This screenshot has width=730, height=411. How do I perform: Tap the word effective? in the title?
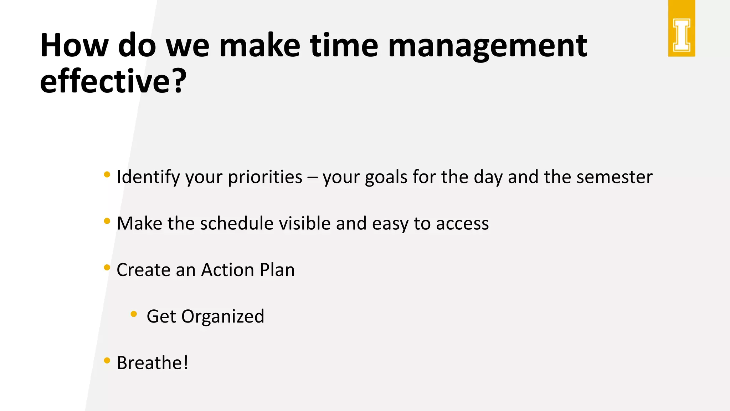[x=113, y=81]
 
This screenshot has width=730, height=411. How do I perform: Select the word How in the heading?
[x=74, y=46]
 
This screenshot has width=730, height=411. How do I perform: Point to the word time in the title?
[x=344, y=46]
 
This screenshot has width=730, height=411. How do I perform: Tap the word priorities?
[x=265, y=177]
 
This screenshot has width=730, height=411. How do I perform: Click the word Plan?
[x=277, y=270]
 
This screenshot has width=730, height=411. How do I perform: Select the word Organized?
[x=223, y=317]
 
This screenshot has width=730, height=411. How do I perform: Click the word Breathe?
[x=153, y=363]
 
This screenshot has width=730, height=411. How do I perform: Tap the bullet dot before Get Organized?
[x=134, y=314]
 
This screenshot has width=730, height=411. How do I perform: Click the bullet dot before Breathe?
[x=107, y=360]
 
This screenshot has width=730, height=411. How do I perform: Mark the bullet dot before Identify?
[x=107, y=174]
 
